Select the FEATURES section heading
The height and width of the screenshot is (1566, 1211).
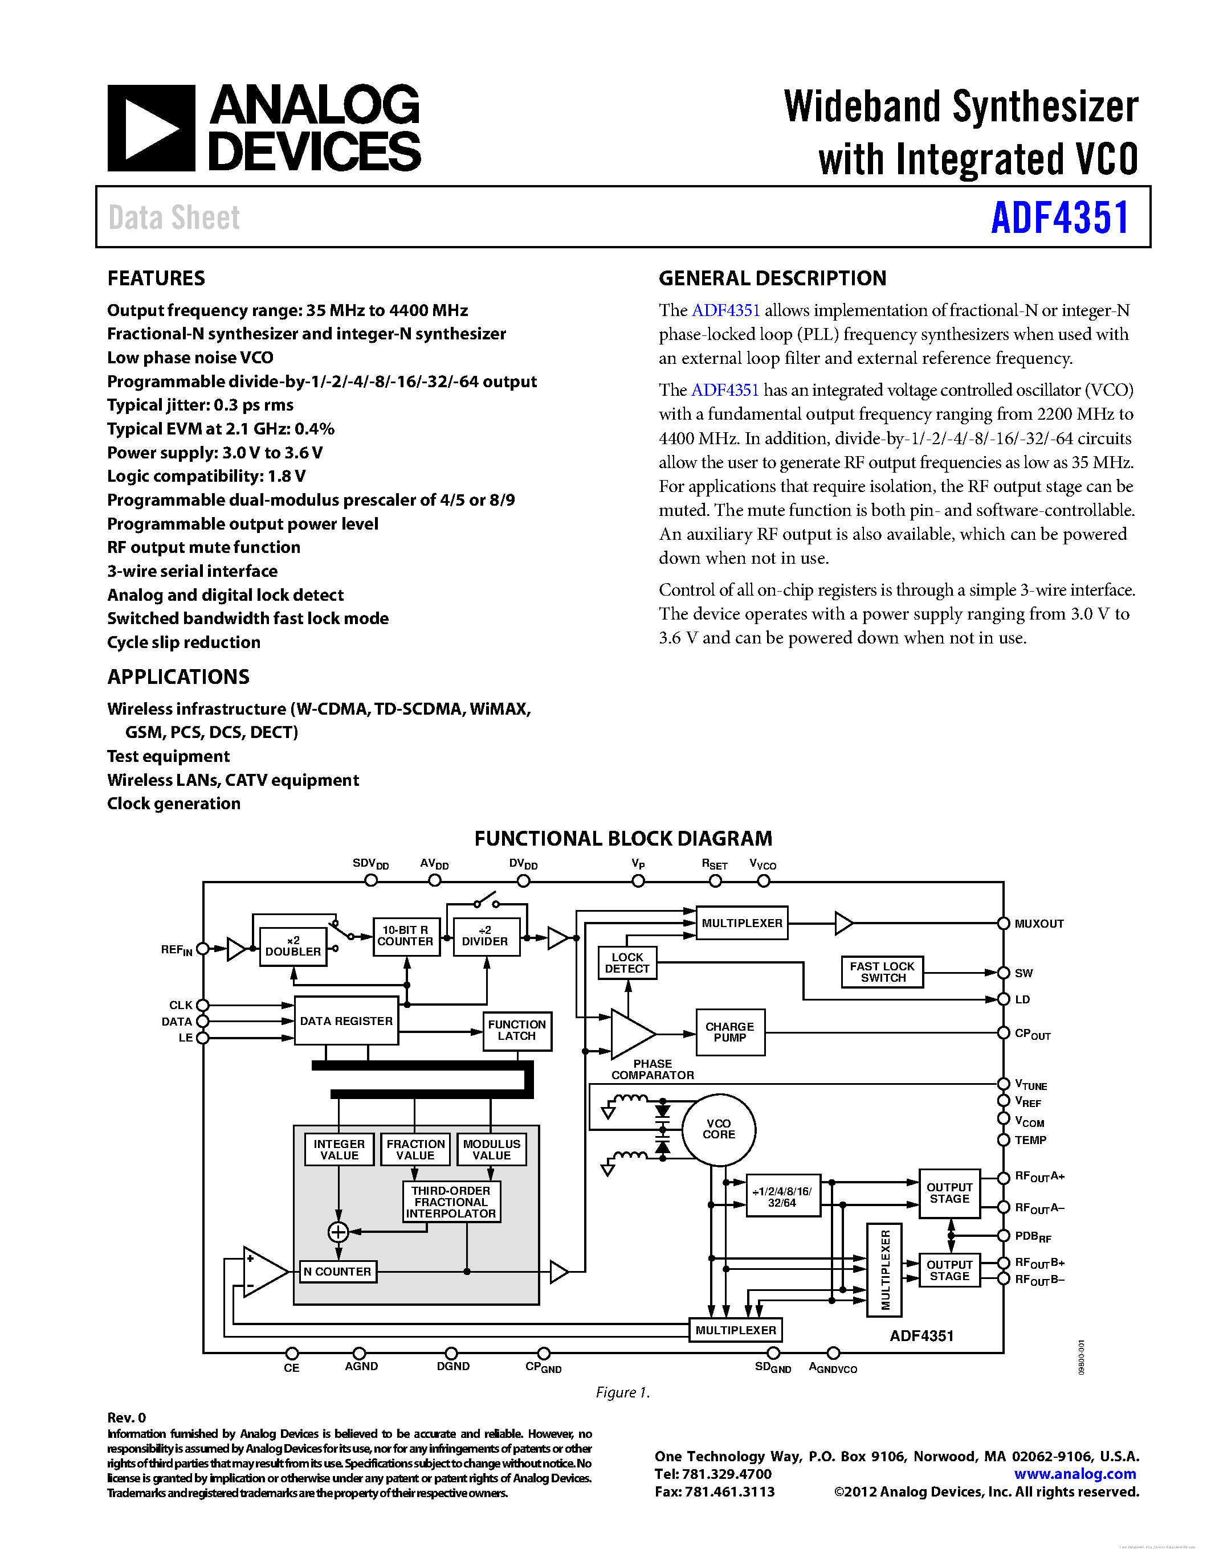pyautogui.click(x=156, y=278)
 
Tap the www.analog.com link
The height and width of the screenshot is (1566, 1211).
pyautogui.click(x=1074, y=1474)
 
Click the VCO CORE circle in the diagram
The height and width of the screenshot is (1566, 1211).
pyautogui.click(x=718, y=1129)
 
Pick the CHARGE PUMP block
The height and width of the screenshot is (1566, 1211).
pyautogui.click(x=729, y=1032)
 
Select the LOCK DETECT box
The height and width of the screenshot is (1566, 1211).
pyautogui.click(x=627, y=963)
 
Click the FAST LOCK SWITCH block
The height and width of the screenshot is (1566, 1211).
pyautogui.click(x=882, y=971)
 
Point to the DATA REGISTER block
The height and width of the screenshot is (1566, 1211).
pyautogui.click(x=346, y=1020)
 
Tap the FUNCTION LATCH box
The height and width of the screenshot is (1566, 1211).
pyautogui.click(x=516, y=1030)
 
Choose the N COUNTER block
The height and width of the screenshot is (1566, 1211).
pyautogui.click(x=337, y=1271)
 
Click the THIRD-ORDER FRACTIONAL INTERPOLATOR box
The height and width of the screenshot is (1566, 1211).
pyautogui.click(x=451, y=1202)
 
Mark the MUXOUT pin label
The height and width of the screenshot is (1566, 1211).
pyautogui.click(x=1038, y=924)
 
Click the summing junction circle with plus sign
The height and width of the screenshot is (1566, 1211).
pyautogui.click(x=338, y=1232)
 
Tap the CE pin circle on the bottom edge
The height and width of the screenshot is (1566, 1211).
pyautogui.click(x=291, y=1353)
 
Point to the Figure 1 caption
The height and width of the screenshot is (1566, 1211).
pyautogui.click(x=622, y=1392)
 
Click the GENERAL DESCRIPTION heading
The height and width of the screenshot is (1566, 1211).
pyautogui.click(x=772, y=278)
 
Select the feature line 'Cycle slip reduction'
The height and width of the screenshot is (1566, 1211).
pyautogui.click(x=184, y=642)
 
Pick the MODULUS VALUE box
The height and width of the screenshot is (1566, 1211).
pyautogui.click(x=491, y=1149)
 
